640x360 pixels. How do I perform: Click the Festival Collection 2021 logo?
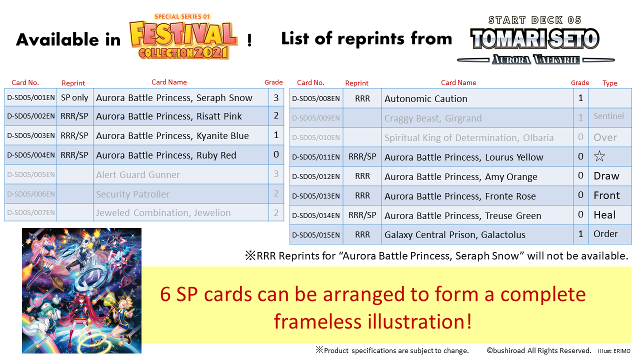(183, 36)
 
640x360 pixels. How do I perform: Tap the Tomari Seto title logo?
(535, 40)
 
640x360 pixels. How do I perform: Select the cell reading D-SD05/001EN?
(31, 97)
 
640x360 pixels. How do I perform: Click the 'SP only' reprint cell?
(74, 97)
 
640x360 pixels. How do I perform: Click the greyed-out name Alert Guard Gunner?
(138, 174)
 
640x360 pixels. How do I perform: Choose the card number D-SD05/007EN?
(31, 212)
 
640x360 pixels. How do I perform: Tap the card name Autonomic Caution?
(425, 98)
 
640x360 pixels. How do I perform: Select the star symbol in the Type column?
(599, 156)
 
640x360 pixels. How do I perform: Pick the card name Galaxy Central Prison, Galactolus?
(455, 234)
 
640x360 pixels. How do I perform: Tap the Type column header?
(609, 83)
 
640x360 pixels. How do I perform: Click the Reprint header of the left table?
(73, 83)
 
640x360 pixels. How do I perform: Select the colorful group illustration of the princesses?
(81, 290)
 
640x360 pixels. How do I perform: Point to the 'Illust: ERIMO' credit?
(613, 351)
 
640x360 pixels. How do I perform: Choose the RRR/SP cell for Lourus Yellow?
(362, 156)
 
